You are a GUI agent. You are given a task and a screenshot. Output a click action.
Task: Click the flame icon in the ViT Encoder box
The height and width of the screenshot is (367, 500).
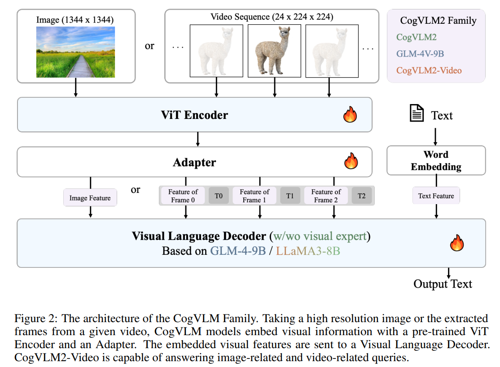[x=350, y=115]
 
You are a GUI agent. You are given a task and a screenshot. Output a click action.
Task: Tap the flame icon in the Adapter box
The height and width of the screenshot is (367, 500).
[x=351, y=161]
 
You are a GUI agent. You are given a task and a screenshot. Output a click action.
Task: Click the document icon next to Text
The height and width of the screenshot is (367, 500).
[x=417, y=113]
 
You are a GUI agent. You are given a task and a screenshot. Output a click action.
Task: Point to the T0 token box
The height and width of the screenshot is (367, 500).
[x=219, y=196]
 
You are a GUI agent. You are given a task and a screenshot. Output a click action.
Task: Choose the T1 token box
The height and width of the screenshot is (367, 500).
[x=290, y=196]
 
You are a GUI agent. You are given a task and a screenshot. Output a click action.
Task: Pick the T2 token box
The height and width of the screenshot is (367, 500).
[x=361, y=196]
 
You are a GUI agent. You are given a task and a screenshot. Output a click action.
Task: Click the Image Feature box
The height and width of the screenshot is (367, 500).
[x=90, y=198]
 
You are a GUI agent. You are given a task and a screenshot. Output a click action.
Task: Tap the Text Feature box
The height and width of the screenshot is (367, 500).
[x=436, y=196]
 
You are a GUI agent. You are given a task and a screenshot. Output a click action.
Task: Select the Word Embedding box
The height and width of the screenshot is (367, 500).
[x=436, y=161]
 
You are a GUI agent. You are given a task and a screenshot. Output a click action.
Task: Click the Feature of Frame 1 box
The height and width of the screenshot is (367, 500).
[x=254, y=196]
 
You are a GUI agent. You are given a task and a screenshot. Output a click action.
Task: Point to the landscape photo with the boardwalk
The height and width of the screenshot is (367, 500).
[x=75, y=52]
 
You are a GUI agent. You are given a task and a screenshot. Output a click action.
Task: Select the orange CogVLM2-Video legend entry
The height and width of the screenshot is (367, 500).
[x=429, y=70]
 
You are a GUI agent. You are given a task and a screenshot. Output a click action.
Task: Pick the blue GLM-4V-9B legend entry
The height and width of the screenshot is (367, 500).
[x=420, y=54]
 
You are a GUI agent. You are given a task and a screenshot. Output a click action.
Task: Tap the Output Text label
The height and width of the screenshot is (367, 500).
[x=443, y=284]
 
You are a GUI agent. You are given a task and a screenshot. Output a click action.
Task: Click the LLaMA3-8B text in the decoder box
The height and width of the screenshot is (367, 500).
[x=308, y=251]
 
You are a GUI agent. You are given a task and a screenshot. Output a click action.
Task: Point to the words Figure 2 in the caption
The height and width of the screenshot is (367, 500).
[x=35, y=319]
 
